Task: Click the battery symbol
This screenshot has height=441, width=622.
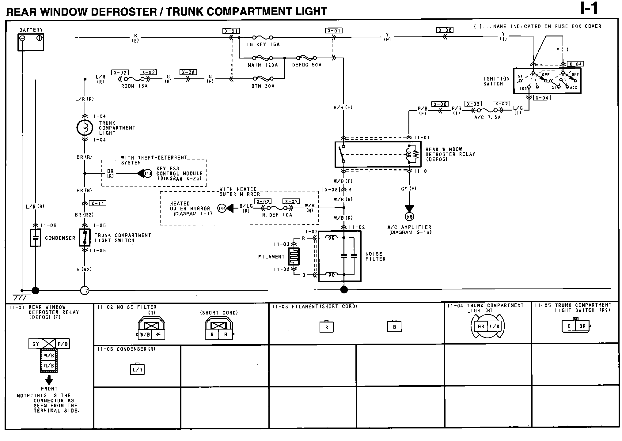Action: [x=31, y=42]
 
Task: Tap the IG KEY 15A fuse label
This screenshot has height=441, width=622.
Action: [x=263, y=45]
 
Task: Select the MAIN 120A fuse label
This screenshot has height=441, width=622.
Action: [x=263, y=65]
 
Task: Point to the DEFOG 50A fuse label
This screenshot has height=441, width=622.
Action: [x=307, y=65]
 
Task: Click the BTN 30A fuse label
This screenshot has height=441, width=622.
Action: [x=263, y=86]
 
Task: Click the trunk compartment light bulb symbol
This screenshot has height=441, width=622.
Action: [x=85, y=128]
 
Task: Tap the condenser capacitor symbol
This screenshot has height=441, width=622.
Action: [x=35, y=238]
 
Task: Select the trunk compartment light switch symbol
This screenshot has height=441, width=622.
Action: [x=85, y=238]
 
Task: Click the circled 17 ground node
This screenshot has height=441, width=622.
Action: [x=85, y=290]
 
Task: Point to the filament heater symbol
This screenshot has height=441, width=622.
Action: [x=294, y=256]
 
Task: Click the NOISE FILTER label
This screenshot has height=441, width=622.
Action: [x=375, y=256]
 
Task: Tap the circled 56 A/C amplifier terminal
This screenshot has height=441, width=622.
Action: [x=409, y=217]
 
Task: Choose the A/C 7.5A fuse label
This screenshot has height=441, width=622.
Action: [x=487, y=117]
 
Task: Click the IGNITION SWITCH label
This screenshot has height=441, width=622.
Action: [x=496, y=81]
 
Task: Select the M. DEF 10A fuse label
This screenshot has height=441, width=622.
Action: [x=277, y=215]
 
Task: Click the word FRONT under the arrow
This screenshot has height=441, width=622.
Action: [x=49, y=389]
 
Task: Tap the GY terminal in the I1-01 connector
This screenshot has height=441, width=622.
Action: [x=36, y=344]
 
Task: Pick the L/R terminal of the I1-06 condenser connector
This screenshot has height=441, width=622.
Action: [x=138, y=370]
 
